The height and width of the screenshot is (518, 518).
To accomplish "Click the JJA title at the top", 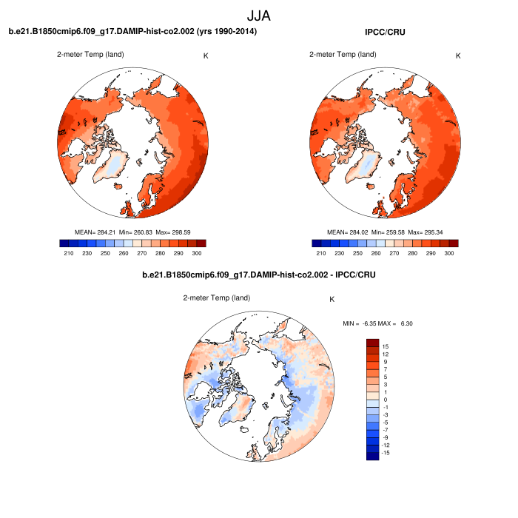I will [x=259, y=15].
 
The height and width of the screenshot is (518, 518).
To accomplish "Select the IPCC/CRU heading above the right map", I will [x=385, y=31].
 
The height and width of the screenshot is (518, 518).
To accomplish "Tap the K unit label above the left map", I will [x=206, y=55].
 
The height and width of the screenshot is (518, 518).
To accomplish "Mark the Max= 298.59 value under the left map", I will [x=171, y=232].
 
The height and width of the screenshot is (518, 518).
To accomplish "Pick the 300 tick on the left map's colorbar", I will [x=196, y=253].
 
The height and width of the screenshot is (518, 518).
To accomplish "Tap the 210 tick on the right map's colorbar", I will [x=320, y=253].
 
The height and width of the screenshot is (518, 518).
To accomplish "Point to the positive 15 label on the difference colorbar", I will [x=386, y=346].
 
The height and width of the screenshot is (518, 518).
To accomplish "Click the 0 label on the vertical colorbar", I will [x=386, y=400].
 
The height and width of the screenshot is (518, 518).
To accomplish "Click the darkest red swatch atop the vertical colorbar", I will [x=372, y=343].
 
